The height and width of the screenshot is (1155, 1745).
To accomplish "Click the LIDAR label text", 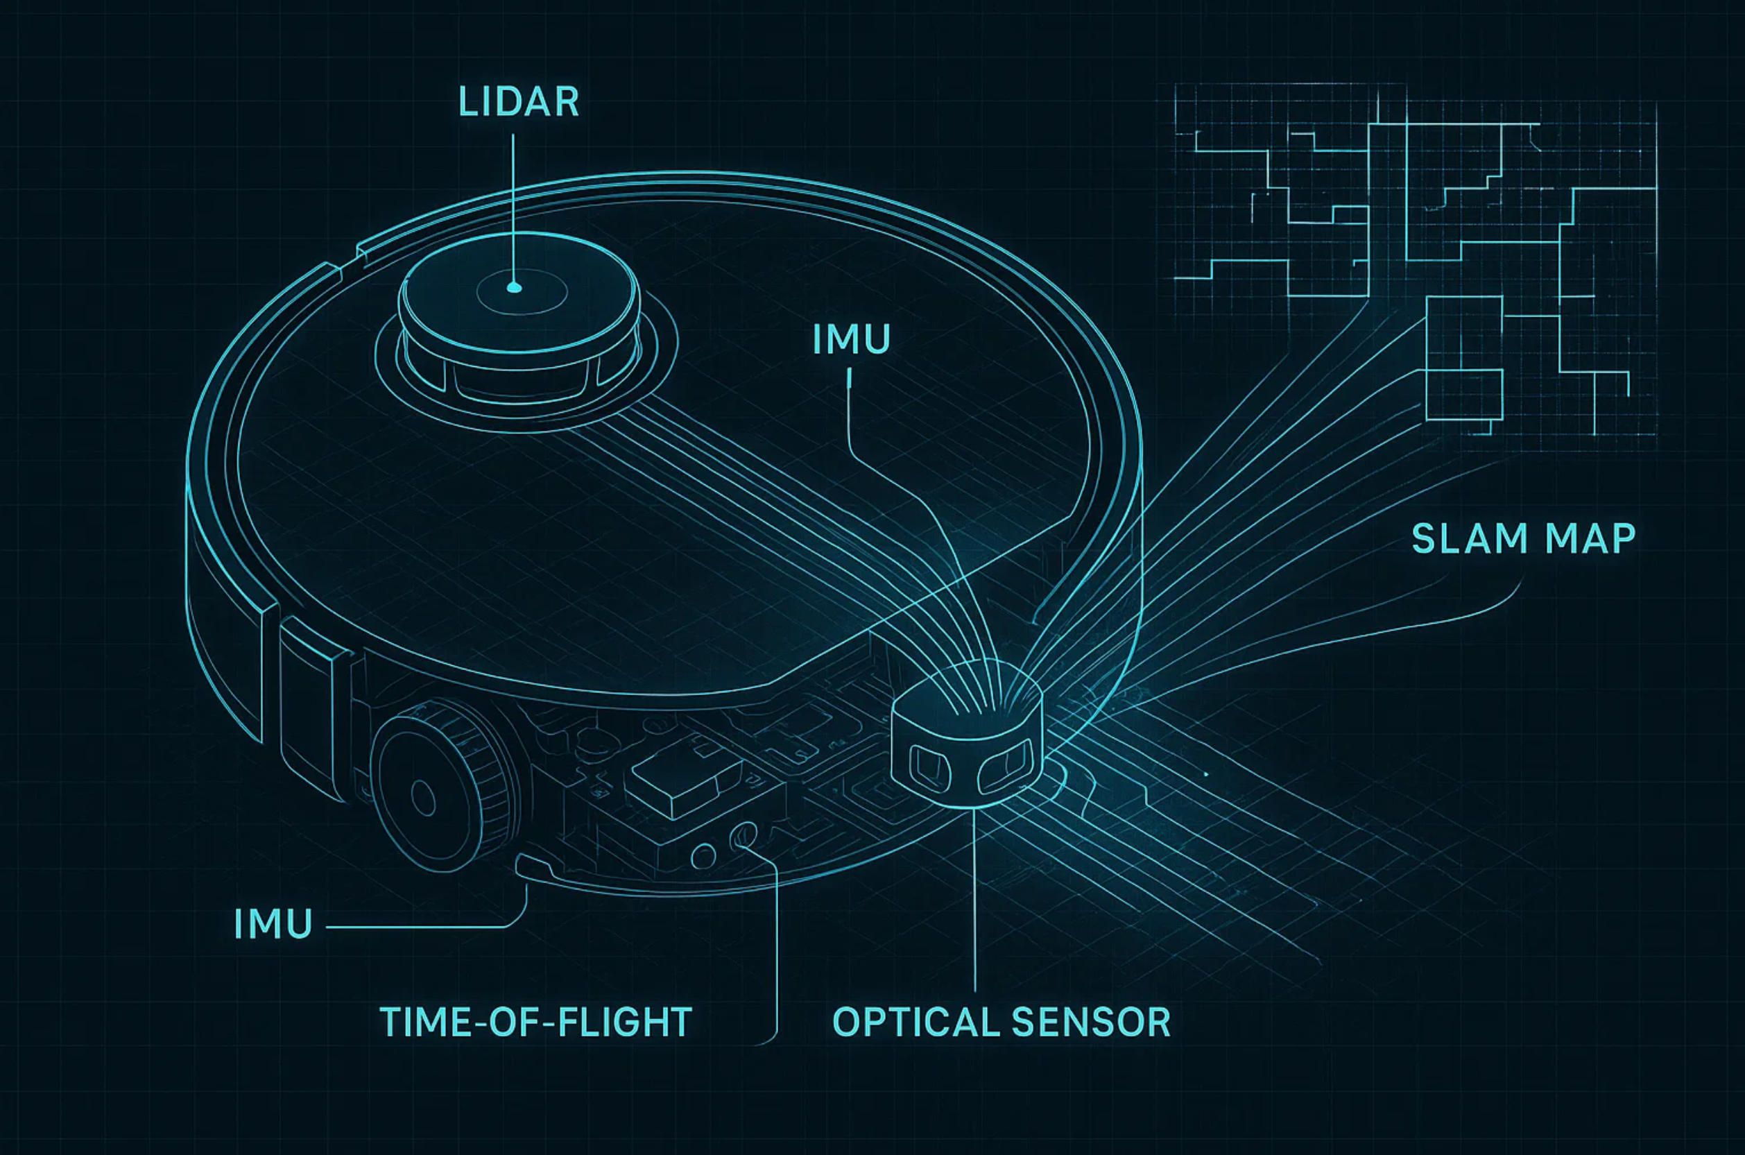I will point(518,103).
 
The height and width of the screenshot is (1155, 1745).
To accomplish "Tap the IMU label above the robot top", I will point(851,340).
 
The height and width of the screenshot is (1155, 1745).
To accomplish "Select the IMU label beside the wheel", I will point(273,925).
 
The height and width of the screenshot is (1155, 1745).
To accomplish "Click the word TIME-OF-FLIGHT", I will point(535,1023).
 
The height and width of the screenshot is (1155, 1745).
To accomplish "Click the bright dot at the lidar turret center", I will point(515,288).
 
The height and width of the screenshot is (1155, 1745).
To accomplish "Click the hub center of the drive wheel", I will point(422,796).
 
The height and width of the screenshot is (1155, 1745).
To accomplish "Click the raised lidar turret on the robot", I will point(518,324).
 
